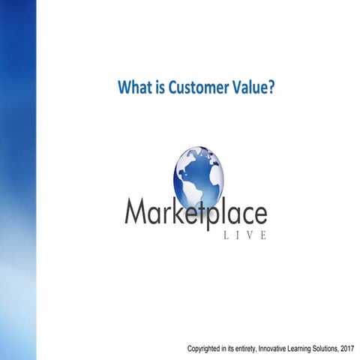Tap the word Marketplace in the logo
tap(195, 214)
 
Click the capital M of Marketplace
tap(135, 214)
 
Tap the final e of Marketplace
tap(259, 216)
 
